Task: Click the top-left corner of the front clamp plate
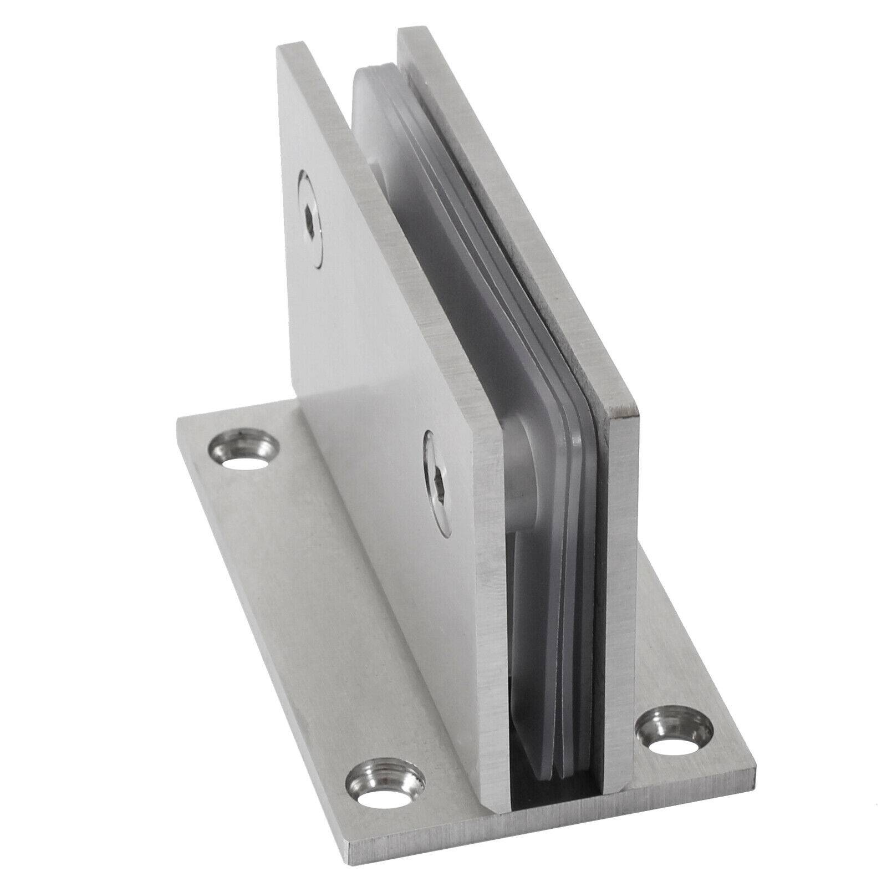point(278,49)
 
